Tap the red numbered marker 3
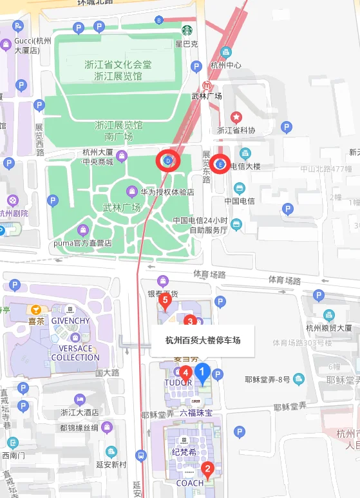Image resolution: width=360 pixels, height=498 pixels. click(x=189, y=320)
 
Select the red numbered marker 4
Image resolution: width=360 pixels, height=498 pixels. click(x=185, y=372)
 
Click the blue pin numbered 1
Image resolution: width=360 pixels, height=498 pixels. click(x=202, y=372)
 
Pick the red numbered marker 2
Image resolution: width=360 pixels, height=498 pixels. click(x=207, y=470)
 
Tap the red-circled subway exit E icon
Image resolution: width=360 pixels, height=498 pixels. click(x=221, y=164)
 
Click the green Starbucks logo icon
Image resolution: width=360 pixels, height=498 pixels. click(x=187, y=30)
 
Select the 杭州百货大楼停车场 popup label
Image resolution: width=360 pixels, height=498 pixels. click(x=203, y=340)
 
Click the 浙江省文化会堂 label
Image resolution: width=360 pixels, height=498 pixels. click(x=118, y=65)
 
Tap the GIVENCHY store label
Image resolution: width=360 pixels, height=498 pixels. click(x=70, y=321)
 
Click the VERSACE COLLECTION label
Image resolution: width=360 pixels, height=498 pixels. click(x=75, y=353)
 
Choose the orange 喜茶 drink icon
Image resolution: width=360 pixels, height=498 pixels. click(x=36, y=309)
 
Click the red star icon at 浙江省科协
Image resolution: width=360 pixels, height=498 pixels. click(x=236, y=117)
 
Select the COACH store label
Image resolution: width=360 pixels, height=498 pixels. click(x=190, y=483)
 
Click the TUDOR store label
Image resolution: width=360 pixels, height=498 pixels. click(x=178, y=382)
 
